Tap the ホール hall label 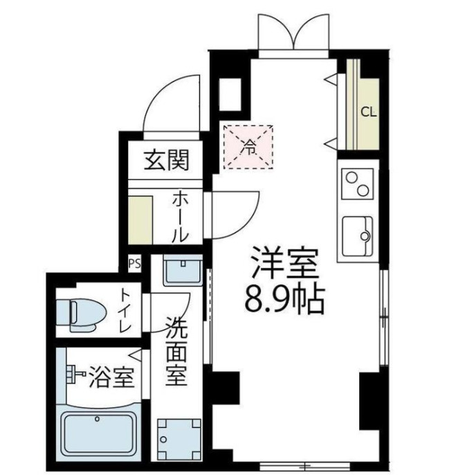[178, 216]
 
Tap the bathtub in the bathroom [100, 432]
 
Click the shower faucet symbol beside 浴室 [73, 375]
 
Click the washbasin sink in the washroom [183, 271]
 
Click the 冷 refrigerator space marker [248, 145]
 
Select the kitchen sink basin [357, 234]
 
